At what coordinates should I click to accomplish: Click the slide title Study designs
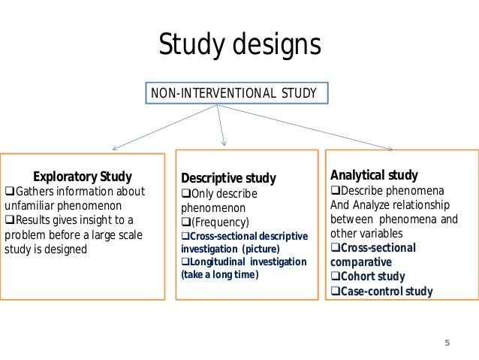click(x=239, y=45)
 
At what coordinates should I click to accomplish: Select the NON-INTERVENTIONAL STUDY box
click(x=233, y=93)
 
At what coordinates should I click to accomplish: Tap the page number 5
click(x=447, y=343)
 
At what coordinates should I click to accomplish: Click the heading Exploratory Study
click(x=83, y=177)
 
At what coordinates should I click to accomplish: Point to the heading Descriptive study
click(x=228, y=178)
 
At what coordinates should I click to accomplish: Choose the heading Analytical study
click(x=374, y=175)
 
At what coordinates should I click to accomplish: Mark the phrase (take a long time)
click(x=219, y=275)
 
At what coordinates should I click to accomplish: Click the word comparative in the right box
click(x=360, y=262)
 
